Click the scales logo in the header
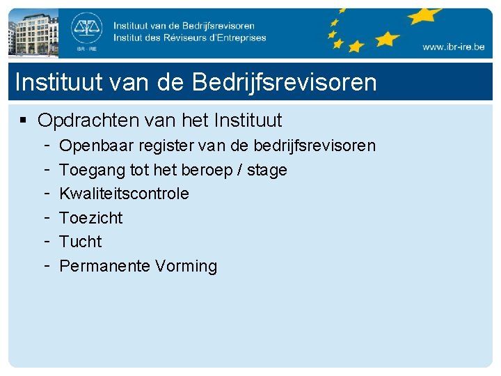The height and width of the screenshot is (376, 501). tap(87, 29)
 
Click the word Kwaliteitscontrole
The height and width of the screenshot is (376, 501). tap(124, 194)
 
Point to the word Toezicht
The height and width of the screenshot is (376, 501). tap(90, 218)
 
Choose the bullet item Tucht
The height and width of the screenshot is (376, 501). tap(80, 242)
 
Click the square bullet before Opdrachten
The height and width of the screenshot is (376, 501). tap(23, 120)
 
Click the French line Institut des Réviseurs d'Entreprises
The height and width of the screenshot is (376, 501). tap(189, 38)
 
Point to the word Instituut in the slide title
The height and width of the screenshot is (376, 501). tap(58, 82)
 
